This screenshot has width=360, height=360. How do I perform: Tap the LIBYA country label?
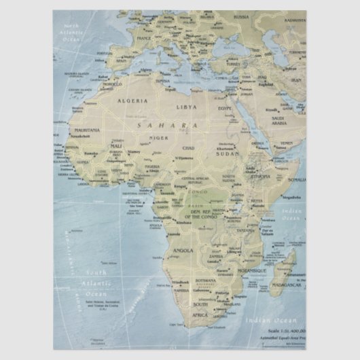coord(187,107)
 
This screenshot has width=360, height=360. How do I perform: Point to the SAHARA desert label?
coord(167,125)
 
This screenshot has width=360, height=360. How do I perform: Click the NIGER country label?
coord(158,138)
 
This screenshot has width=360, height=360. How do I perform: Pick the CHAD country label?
coord(188,147)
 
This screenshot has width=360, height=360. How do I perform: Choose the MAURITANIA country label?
coord(87,129)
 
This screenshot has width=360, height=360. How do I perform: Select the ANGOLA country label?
coord(184,250)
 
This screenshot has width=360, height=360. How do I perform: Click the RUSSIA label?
coord(241,16)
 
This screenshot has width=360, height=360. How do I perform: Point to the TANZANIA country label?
coord(246,230)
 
